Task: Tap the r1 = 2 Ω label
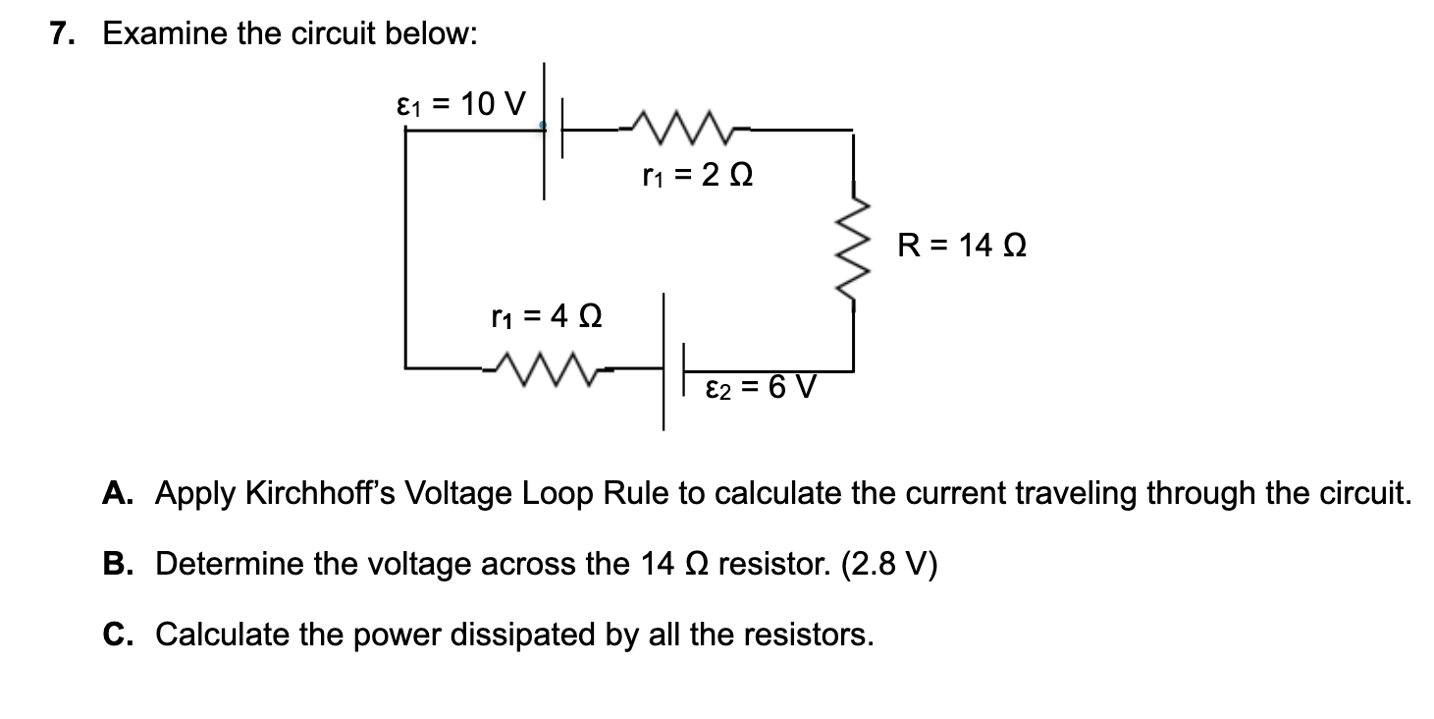(698, 178)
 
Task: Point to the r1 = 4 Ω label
(547, 316)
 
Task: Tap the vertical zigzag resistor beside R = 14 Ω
(851, 249)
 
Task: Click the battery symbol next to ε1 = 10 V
(553, 128)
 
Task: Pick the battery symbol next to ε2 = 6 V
(672, 369)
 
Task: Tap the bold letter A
(117, 492)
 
